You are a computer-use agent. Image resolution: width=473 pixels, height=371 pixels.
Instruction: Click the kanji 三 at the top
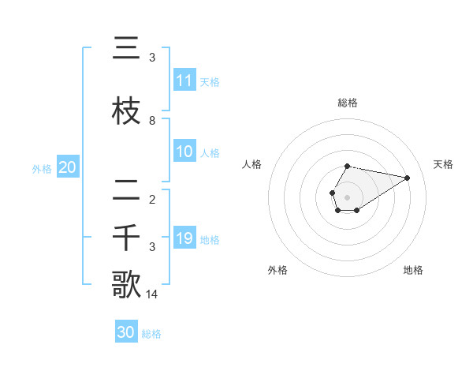pyautogui.click(x=125, y=50)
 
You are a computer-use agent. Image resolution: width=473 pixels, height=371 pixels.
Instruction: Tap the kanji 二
pyautogui.click(x=125, y=189)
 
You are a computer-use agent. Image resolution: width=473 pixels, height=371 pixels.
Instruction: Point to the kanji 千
pyautogui.click(x=125, y=238)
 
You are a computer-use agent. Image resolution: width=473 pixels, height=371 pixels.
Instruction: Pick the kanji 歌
pyautogui.click(x=126, y=284)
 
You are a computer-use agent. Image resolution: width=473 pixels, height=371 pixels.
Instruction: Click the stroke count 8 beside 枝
pyautogui.click(x=152, y=121)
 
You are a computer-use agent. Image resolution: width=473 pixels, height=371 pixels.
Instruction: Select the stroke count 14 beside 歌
pyautogui.click(x=153, y=294)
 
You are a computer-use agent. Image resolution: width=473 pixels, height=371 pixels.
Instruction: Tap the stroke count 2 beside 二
pyautogui.click(x=152, y=199)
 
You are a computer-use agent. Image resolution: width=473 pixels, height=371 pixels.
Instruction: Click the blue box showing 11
pyautogui.click(x=184, y=81)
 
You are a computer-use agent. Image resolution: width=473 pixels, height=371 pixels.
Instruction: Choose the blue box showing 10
pyautogui.click(x=184, y=152)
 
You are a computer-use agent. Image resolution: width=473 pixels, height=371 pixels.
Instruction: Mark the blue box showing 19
pyautogui.click(x=184, y=238)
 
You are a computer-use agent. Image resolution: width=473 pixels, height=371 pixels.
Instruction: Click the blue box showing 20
pyautogui.click(x=68, y=167)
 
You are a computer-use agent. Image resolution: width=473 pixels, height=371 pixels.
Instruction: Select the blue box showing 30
pyautogui.click(x=126, y=332)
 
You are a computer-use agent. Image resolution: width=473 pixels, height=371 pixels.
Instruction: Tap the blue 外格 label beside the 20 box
pyautogui.click(x=42, y=168)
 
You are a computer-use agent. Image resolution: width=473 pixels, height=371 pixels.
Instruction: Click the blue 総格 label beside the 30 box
pyautogui.click(x=151, y=334)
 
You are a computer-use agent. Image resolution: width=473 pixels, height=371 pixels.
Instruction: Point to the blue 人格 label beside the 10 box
pyautogui.click(x=210, y=152)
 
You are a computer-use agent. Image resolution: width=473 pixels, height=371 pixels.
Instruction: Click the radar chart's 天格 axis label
pyautogui.click(x=443, y=164)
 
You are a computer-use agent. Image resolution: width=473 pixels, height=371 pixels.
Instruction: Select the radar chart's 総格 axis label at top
pyautogui.click(x=348, y=103)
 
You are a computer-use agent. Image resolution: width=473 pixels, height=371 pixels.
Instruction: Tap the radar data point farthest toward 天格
pyautogui.click(x=408, y=177)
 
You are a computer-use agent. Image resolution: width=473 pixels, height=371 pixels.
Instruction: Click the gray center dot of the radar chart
pyautogui.click(x=348, y=197)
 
